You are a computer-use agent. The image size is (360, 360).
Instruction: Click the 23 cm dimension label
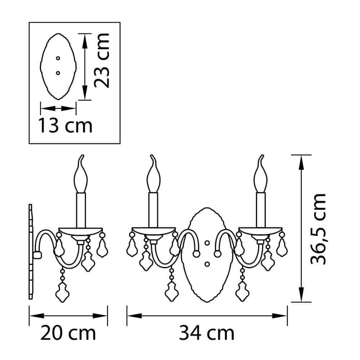pos(102,60)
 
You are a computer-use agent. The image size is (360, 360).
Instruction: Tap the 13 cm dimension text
pos(65,125)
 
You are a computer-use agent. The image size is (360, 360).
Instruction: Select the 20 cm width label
pos(68,333)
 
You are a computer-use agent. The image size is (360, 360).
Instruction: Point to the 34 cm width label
pos(207,333)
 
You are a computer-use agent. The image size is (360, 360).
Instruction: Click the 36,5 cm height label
pos(318,229)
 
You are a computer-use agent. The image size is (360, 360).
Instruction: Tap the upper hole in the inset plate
pos(58,58)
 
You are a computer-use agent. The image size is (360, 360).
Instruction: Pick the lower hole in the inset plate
pos(58,73)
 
